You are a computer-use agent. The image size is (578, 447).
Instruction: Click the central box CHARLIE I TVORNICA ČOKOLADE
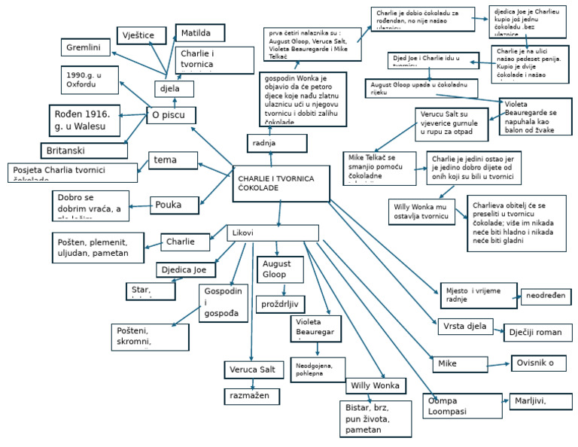pyautogui.click(x=281, y=184)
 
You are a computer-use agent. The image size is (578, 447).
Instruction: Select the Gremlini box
pyautogui.click(x=86, y=47)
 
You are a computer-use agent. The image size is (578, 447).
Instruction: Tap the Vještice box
pyautogui.click(x=140, y=35)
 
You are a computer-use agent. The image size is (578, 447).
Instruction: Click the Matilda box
pyautogui.click(x=201, y=33)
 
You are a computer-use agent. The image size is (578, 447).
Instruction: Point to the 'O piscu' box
pyautogui.click(x=171, y=115)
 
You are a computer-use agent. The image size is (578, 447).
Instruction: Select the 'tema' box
pyautogui.click(x=175, y=160)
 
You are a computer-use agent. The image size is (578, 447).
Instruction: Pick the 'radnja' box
pyautogui.click(x=276, y=143)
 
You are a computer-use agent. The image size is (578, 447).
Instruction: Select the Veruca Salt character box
pyautogui.click(x=254, y=369)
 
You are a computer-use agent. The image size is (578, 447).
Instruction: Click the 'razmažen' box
pyautogui.click(x=251, y=395)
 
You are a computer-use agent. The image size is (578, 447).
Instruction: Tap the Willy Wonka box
pyautogui.click(x=376, y=386)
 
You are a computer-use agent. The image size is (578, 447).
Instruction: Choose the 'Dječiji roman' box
pyautogui.click(x=538, y=333)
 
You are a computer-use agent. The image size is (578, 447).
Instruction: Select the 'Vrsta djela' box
pyautogui.click(x=465, y=327)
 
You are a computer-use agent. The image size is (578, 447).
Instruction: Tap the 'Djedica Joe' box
pyautogui.click(x=186, y=270)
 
